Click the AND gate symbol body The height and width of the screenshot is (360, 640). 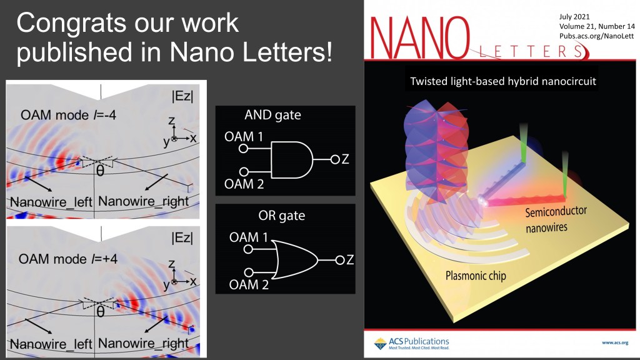point(291,159)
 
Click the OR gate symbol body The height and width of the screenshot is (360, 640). point(296,260)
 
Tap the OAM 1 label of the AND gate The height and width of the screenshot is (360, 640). point(244,136)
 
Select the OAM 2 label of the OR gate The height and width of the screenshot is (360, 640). point(249,284)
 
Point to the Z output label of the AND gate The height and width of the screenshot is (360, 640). point(345,159)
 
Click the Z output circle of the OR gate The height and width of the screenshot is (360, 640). point(339,260)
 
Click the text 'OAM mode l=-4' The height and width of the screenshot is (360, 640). point(68,115)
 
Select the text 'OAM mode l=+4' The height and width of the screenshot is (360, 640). point(67,259)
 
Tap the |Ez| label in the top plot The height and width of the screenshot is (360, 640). point(182,96)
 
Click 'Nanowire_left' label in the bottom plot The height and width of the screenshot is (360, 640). point(51,344)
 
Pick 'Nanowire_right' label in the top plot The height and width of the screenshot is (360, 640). point(143,201)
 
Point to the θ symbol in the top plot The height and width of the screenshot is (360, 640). point(100,170)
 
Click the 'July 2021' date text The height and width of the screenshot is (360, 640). point(574,17)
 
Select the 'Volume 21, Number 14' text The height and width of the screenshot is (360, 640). point(597,26)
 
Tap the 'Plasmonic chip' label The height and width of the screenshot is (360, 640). point(476,276)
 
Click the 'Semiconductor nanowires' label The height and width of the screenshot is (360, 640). point(556,219)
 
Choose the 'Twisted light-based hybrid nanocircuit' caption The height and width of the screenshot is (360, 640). point(503,81)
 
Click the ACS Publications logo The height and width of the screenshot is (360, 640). point(411,343)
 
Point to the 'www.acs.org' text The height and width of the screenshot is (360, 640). point(615,343)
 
